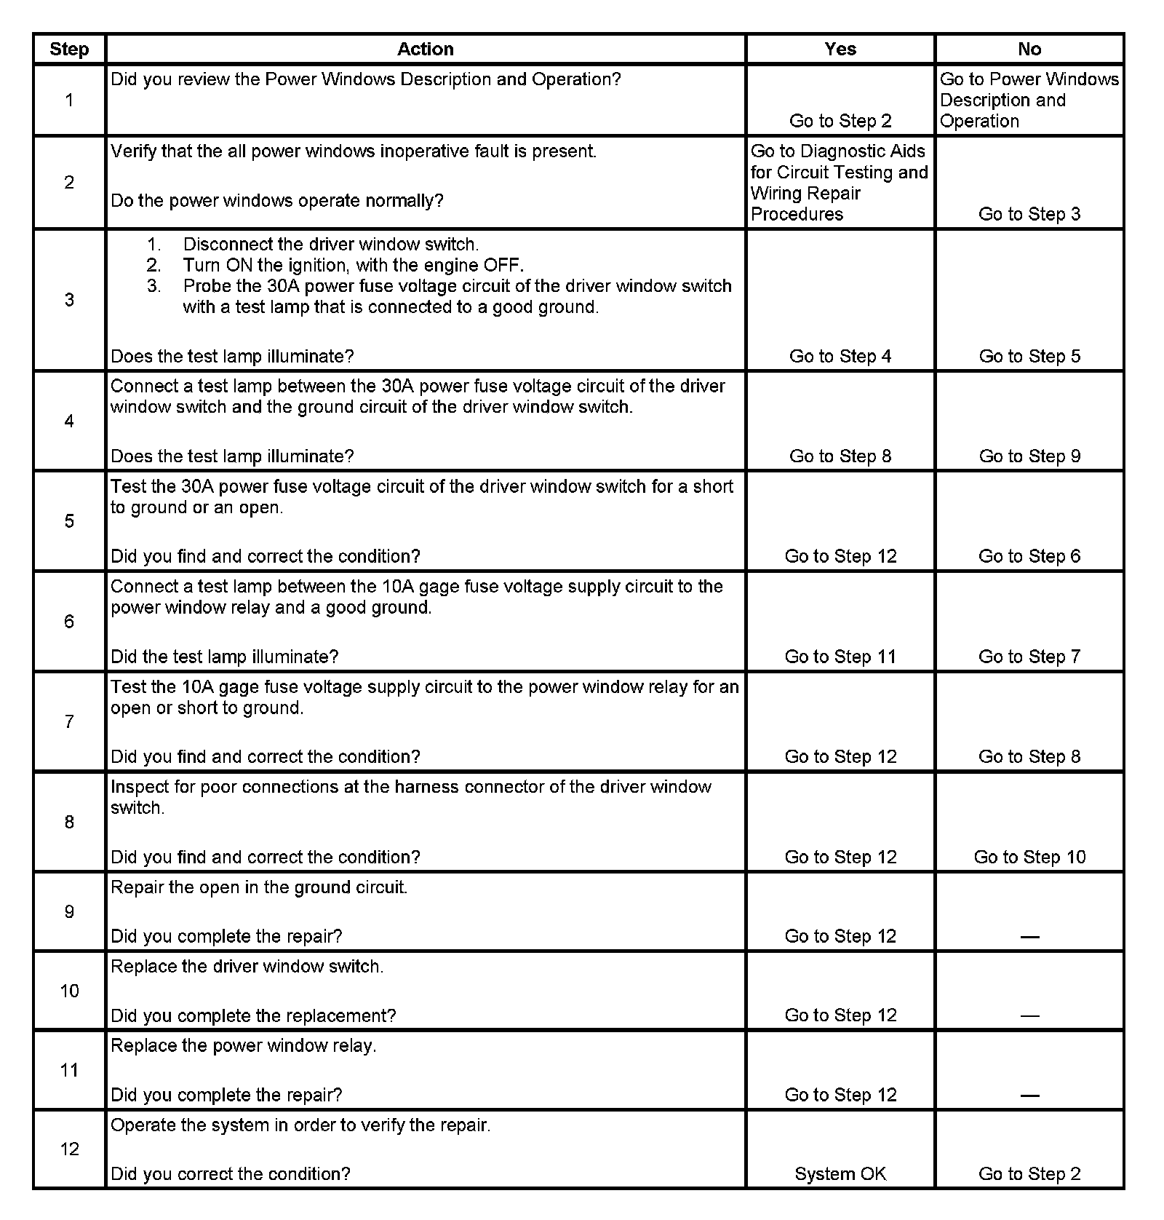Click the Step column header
[x=69, y=49]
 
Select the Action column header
[x=425, y=49]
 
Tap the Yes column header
[x=840, y=49]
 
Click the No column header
[x=1029, y=49]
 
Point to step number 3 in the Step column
[x=69, y=300]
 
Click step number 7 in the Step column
[x=69, y=721]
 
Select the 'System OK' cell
[x=840, y=1173]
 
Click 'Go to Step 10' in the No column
[x=1029, y=857]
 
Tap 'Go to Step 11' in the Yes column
[x=840, y=657]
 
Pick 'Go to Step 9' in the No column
[x=1029, y=456]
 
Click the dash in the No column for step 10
[x=1029, y=1015]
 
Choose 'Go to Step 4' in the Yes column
[x=840, y=356]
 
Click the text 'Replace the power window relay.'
[x=244, y=1046]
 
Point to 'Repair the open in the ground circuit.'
[x=259, y=887]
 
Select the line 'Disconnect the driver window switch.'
[x=331, y=245]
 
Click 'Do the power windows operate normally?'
[x=276, y=201]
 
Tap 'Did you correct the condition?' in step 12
[x=230, y=1173]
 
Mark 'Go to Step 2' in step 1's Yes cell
[x=840, y=121]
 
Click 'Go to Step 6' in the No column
[x=1029, y=556]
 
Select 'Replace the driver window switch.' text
[x=247, y=967]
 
